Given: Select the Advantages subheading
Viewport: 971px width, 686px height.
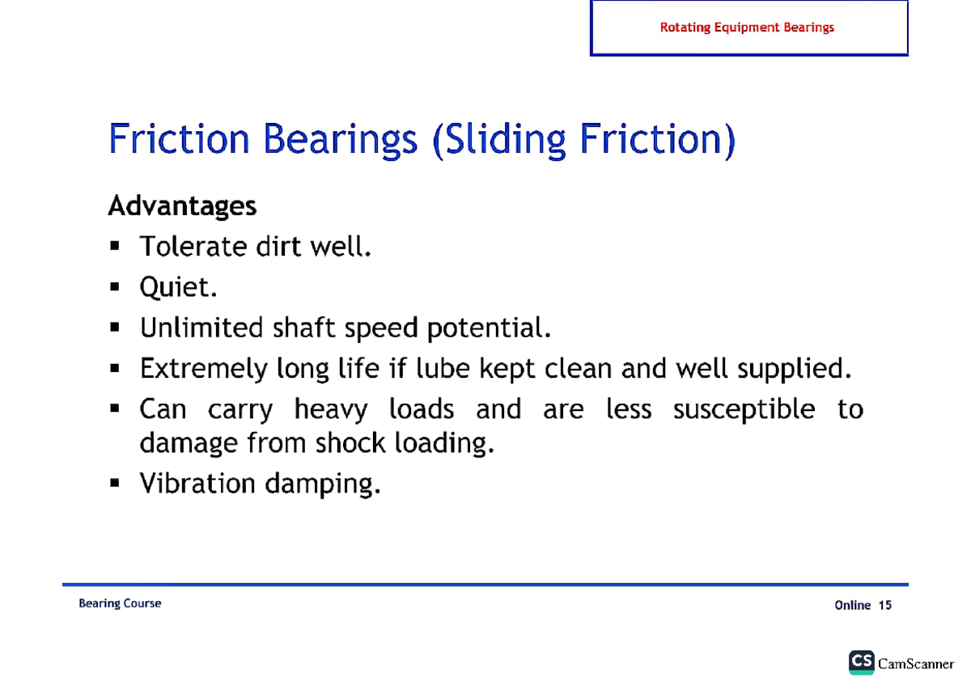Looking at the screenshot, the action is point(182,205).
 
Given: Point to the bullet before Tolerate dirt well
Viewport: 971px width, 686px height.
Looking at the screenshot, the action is point(114,246).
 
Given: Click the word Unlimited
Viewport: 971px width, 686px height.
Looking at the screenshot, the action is point(201,327).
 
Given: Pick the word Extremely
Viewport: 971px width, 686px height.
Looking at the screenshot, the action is point(204,369).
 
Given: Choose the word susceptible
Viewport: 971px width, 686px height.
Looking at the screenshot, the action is point(744,409).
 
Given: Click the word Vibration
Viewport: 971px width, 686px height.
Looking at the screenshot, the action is point(197,483).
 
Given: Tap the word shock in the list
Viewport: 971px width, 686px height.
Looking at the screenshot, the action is point(350,443).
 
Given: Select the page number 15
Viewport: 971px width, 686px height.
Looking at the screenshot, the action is point(884,605).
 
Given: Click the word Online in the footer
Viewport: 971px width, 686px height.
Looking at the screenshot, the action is point(853,605).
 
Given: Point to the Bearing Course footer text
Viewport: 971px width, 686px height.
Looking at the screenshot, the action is point(120,603).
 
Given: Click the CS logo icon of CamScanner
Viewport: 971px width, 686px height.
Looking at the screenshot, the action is point(861,663).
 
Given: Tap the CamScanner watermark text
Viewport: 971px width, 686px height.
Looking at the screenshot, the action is point(916,664).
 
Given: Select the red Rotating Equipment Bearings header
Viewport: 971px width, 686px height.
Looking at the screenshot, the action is point(747,28).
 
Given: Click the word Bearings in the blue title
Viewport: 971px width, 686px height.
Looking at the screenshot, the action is point(341,139).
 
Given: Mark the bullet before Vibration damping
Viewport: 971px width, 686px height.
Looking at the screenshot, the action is point(114,483).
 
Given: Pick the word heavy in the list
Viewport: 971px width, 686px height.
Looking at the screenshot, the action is point(331,409).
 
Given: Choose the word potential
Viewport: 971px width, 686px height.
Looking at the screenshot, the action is point(489,328).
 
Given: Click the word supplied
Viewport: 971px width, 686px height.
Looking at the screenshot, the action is point(795,369).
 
